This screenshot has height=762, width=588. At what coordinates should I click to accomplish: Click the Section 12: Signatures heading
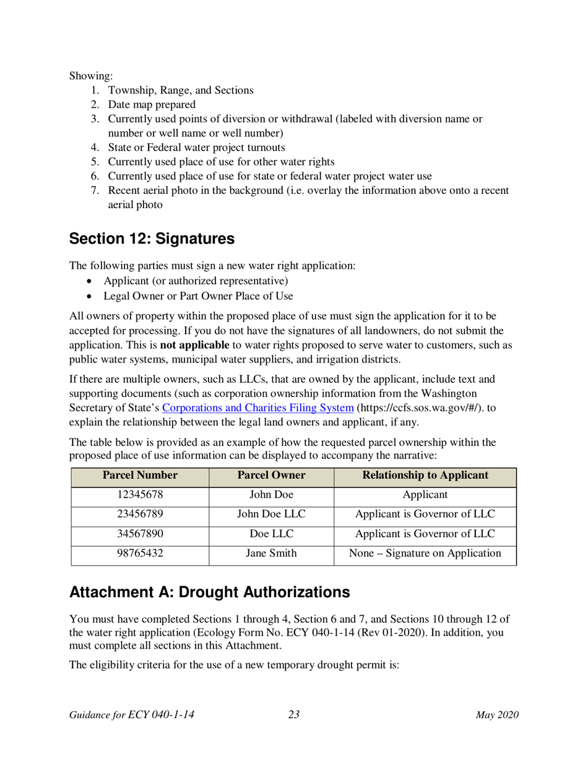coord(152,239)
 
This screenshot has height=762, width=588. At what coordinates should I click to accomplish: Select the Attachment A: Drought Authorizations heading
coord(210,592)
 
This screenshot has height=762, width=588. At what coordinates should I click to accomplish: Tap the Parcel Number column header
coord(140,476)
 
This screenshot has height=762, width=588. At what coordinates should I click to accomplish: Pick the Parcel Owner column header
coord(271,476)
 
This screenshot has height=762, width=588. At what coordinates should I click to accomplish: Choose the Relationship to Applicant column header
coord(425,476)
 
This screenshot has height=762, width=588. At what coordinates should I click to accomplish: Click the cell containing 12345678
coord(140,495)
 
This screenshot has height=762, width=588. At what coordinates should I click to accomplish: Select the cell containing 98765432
coord(140,554)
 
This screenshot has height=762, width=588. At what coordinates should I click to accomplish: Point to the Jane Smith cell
coord(271,554)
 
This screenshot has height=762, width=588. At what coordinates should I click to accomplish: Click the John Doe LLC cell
coord(271,514)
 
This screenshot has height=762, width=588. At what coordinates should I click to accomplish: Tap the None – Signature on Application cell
coord(425,554)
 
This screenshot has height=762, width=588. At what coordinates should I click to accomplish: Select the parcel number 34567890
coord(140,534)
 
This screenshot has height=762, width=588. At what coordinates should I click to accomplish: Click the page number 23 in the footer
coord(294,715)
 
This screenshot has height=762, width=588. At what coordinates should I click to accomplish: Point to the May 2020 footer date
coord(497,715)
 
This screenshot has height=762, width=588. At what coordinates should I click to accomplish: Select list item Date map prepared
coord(152,105)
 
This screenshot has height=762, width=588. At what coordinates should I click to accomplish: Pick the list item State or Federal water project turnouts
coord(196,147)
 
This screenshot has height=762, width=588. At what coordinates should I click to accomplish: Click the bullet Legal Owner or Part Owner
coord(198,296)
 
